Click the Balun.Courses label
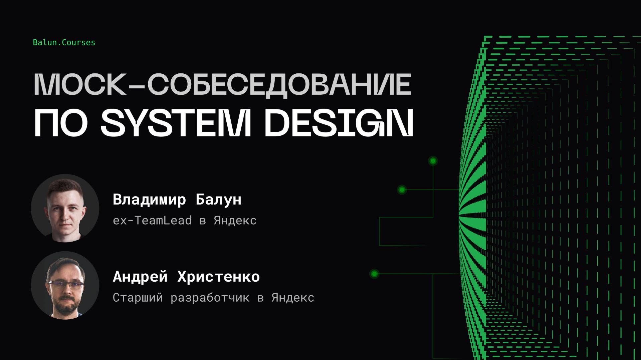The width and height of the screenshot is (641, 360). point(64,43)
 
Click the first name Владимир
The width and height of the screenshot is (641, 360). point(149,200)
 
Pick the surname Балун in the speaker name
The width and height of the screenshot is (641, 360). point(218,200)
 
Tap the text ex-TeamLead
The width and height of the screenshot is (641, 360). point(152,221)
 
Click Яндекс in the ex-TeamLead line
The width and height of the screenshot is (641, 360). point(235,221)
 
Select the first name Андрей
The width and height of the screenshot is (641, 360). point(140,277)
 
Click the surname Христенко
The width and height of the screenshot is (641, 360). point(218,277)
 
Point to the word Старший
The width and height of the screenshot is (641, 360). point(138,298)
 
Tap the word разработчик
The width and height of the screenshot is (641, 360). point(210,298)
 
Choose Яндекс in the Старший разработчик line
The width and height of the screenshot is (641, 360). point(293,298)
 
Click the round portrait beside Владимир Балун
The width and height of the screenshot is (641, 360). point(65,208)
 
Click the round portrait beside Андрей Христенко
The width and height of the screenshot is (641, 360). point(65,285)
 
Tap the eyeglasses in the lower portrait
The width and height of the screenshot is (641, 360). point(66,285)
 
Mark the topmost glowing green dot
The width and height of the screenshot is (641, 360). point(433,161)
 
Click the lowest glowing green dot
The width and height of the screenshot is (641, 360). point(374,274)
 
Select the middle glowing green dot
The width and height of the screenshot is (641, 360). point(402,190)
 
